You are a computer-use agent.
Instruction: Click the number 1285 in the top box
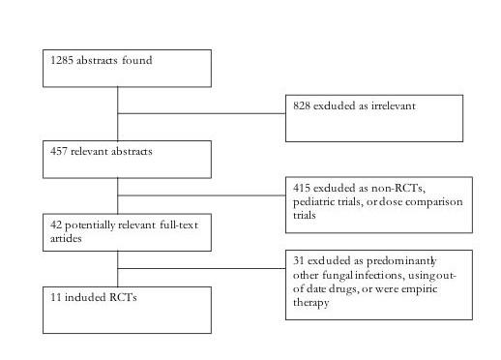tap(62, 60)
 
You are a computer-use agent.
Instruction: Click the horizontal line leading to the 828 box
tap(203, 113)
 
